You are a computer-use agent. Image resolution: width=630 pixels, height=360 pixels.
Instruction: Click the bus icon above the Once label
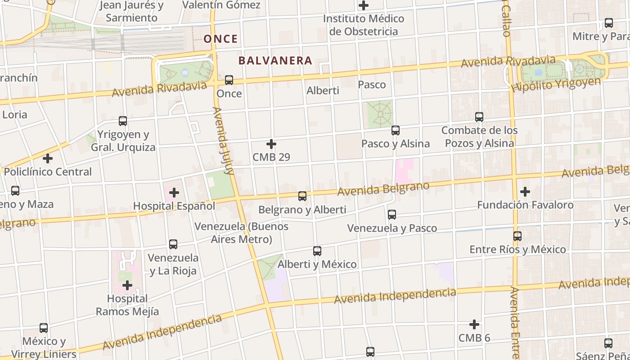(x=229, y=80)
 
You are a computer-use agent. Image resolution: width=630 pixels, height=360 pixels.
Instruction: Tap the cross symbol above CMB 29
(x=271, y=144)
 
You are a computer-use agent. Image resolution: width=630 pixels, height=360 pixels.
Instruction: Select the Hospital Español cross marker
(x=174, y=193)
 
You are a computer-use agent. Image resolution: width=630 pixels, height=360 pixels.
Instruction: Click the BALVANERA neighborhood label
(x=275, y=60)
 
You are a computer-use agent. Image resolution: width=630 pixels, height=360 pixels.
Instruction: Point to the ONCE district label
(x=220, y=39)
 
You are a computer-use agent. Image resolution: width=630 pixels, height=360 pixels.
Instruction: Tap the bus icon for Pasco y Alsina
(x=396, y=130)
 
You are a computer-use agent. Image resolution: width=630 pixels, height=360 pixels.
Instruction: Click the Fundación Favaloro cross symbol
(x=525, y=192)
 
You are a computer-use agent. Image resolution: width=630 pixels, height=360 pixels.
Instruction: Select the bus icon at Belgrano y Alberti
(x=302, y=196)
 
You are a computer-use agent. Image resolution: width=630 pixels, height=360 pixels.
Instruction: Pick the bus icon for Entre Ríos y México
(x=517, y=236)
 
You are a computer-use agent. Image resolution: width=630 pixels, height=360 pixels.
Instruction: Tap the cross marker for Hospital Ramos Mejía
(x=127, y=285)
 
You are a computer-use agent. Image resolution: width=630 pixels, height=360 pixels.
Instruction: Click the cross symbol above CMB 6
(x=474, y=324)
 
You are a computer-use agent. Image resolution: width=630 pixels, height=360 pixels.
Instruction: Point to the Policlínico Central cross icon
(x=48, y=158)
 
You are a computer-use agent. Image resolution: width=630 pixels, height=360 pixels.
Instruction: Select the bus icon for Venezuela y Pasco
(x=392, y=215)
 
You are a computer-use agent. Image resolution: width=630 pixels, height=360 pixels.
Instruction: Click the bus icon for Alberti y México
(x=317, y=251)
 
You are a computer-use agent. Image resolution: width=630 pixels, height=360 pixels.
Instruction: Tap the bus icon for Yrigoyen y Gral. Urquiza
(x=123, y=121)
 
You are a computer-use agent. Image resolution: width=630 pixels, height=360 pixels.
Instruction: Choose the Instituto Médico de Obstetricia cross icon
(x=364, y=6)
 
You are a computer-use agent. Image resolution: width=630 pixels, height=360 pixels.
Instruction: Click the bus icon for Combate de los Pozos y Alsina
(x=479, y=117)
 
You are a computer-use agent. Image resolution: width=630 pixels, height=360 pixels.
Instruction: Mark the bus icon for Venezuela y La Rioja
(x=173, y=244)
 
